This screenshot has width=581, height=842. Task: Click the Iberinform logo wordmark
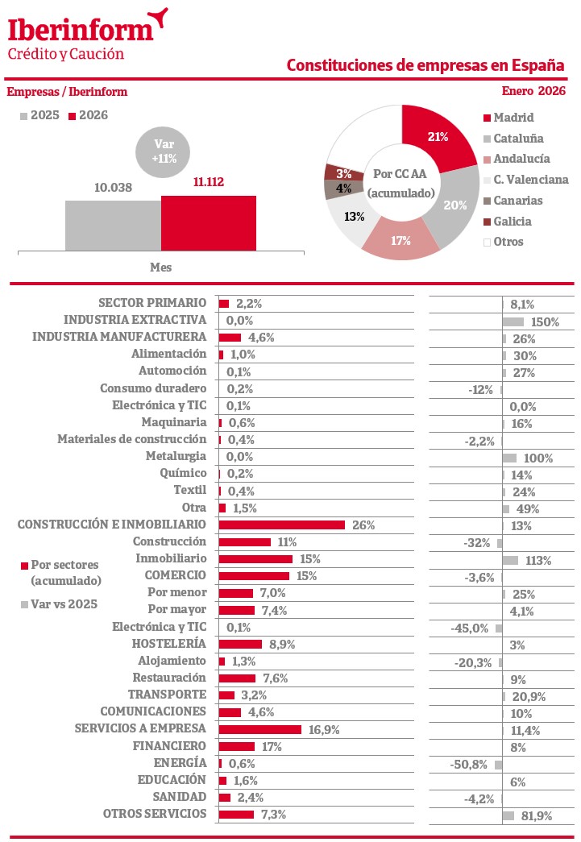coord(81,29)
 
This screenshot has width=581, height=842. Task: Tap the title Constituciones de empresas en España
coord(425,65)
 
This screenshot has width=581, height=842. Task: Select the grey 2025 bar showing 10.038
coord(113,226)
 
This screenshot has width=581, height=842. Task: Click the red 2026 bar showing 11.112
coord(209,224)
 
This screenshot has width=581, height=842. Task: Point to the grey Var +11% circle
coord(164,151)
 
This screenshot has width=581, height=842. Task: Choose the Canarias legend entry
coord(517,201)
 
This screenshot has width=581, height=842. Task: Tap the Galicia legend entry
coord(512,222)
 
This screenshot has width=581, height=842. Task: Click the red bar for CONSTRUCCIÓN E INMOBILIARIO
coord(281,525)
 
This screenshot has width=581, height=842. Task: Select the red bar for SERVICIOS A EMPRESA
coord(259,729)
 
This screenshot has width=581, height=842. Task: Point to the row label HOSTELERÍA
coord(169,644)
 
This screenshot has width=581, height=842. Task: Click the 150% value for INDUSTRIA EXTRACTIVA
coord(544,321)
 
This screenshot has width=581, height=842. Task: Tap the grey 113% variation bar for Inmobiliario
coord(509,559)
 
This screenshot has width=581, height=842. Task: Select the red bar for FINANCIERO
coord(236,747)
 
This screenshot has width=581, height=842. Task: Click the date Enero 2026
coord(533,91)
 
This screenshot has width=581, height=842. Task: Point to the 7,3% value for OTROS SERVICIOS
coord(272,815)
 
